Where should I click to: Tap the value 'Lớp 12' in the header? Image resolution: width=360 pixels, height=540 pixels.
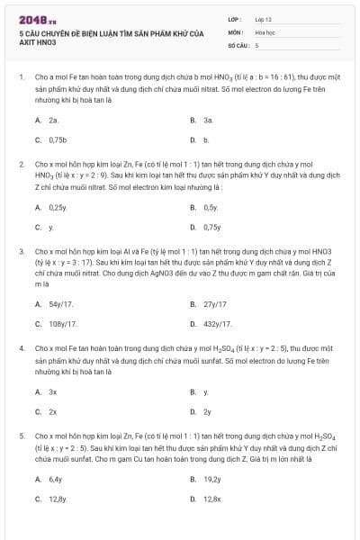(264, 18)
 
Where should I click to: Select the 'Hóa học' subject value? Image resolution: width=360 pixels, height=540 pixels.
(265, 31)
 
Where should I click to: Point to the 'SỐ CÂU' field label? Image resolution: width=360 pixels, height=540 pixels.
(237, 44)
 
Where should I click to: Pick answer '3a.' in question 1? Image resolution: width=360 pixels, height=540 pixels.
(208, 120)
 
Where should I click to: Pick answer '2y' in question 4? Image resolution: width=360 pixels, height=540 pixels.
(207, 411)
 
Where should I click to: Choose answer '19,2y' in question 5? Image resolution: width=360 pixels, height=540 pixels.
(212, 479)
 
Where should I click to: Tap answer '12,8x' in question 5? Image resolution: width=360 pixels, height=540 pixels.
(212, 499)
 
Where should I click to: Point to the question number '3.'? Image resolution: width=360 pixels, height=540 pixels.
(21, 251)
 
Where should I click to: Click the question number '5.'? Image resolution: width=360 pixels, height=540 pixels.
(21, 435)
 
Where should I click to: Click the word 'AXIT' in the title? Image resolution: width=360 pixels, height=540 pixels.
(28, 42)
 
